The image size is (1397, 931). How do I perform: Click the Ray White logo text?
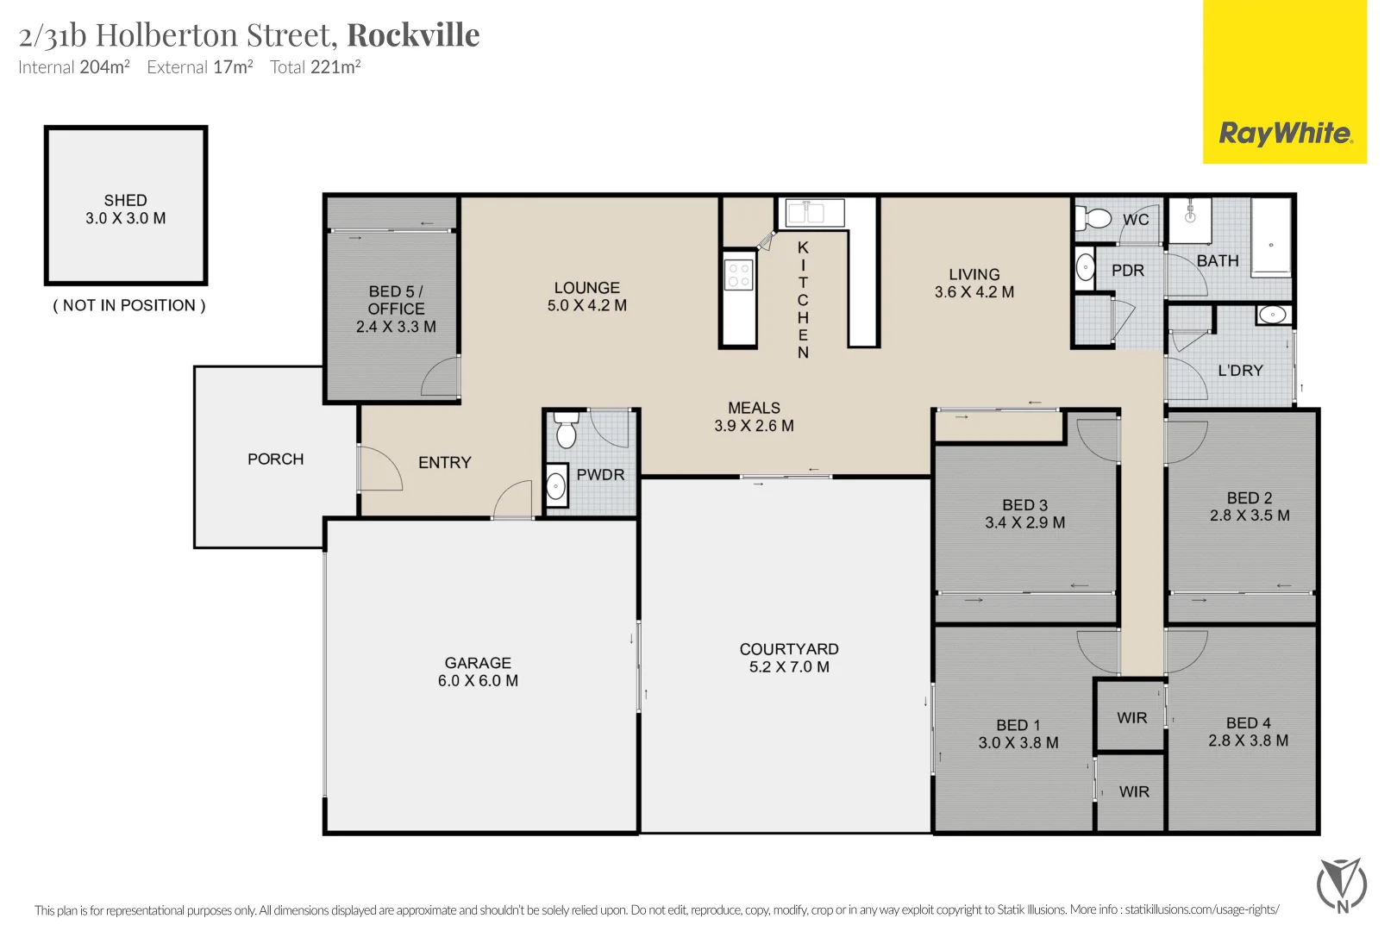click(1286, 134)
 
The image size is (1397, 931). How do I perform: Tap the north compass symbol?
click(1342, 885)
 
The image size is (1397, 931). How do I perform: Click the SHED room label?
click(125, 200)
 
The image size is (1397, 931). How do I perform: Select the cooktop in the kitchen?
click(738, 275)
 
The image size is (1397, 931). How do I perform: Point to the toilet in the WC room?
click(1093, 218)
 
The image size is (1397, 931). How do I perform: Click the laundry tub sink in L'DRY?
click(1274, 315)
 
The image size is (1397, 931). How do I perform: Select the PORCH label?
click(276, 459)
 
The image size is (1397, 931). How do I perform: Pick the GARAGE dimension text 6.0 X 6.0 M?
click(478, 680)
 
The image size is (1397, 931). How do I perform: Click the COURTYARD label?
click(789, 649)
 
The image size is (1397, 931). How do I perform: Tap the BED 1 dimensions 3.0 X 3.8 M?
click(1018, 743)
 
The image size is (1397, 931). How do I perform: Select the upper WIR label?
click(1132, 718)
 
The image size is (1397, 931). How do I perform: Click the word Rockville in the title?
click(413, 34)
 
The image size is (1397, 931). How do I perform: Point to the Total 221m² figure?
click(316, 66)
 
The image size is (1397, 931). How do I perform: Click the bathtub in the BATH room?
click(1271, 238)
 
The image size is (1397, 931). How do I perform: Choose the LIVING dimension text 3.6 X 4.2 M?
click(974, 292)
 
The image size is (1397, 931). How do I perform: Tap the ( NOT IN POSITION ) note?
click(129, 305)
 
